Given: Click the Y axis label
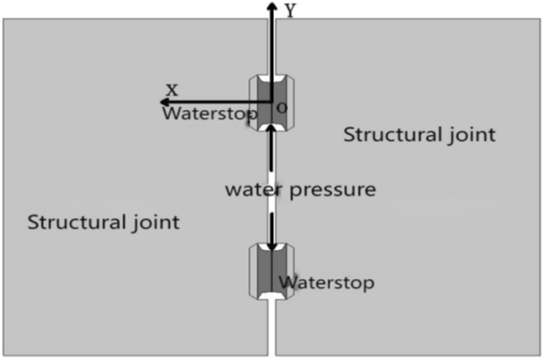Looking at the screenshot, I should click(290, 10).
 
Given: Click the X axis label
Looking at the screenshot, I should click(172, 89).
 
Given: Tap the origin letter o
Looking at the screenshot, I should click(281, 108).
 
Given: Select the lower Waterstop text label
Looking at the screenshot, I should click(326, 283).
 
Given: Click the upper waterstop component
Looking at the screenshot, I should click(271, 102).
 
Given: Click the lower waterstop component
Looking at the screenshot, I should click(271, 271).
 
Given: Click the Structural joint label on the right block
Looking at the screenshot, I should click(419, 134).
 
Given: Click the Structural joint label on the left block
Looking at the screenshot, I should click(103, 222).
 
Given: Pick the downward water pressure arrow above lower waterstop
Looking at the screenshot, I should click(271, 227).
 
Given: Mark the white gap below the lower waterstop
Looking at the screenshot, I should click(271, 330).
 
